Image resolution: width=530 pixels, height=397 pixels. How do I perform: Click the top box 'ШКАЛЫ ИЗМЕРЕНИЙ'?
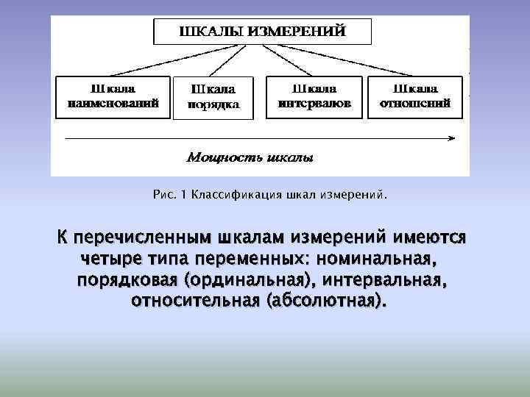(263, 32)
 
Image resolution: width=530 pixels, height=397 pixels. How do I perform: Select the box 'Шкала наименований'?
(113, 96)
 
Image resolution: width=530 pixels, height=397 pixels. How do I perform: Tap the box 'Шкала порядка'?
(213, 97)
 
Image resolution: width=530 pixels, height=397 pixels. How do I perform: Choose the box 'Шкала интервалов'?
(314, 96)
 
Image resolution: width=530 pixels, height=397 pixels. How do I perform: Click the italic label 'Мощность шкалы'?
(250, 157)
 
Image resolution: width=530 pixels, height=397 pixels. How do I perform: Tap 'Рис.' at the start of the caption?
(163, 196)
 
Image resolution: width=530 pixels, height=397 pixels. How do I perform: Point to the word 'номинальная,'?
(384, 260)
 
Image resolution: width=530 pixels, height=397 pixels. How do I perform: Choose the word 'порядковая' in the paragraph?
(127, 282)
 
